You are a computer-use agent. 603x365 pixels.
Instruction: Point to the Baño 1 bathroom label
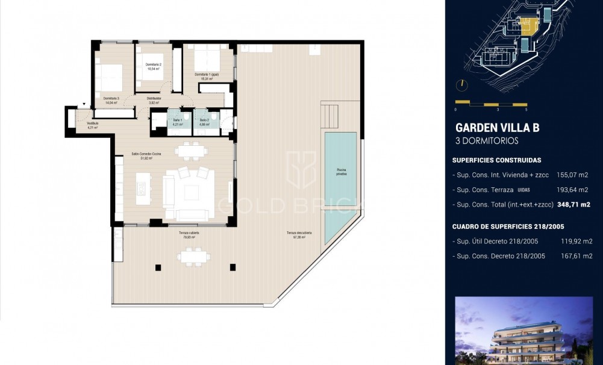pos(178,122)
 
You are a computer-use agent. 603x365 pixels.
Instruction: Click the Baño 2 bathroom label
pos(204,122)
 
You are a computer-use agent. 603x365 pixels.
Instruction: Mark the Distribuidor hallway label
pos(154,101)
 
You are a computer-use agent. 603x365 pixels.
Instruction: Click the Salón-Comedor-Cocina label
pos(146,156)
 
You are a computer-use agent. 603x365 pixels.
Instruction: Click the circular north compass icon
pos(462,85)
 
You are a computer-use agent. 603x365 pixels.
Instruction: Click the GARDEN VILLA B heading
pos(497,128)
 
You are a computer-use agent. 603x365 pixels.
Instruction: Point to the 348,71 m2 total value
pos(573,205)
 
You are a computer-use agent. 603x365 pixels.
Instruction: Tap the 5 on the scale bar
pos(526,110)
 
